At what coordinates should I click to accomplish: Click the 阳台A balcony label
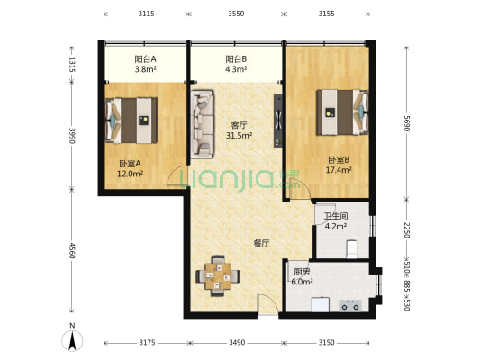pyautogui.click(x=146, y=58)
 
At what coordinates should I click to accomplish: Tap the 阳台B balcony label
pyautogui.click(x=236, y=58)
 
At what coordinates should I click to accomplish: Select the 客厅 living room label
pyautogui.click(x=239, y=125)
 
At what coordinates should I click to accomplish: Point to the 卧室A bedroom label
pyautogui.click(x=130, y=164)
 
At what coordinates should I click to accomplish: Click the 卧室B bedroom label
pyautogui.click(x=339, y=159)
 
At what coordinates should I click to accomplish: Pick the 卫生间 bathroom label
pyautogui.click(x=336, y=216)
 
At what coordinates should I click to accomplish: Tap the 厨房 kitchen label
pyautogui.click(x=302, y=272)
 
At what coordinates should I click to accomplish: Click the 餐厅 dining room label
pyautogui.click(x=262, y=244)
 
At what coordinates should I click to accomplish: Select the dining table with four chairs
pyautogui.click(x=218, y=276)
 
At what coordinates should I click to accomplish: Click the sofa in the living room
pyautogui.click(x=202, y=124)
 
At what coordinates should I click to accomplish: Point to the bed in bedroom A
pyautogui.click(x=131, y=121)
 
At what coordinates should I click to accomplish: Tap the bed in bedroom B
pyautogui.click(x=342, y=112)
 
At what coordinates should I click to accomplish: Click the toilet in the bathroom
pyautogui.click(x=351, y=248)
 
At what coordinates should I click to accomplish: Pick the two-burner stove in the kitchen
pyautogui.click(x=350, y=306)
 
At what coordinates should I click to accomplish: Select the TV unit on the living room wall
pyautogui.click(x=278, y=121)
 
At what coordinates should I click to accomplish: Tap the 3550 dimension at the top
pyautogui.click(x=236, y=13)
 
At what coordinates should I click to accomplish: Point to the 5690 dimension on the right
pyautogui.click(x=406, y=123)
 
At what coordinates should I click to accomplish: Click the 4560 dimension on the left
pyautogui.click(x=72, y=250)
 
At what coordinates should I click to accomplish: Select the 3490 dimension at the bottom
pyautogui.click(x=237, y=343)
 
